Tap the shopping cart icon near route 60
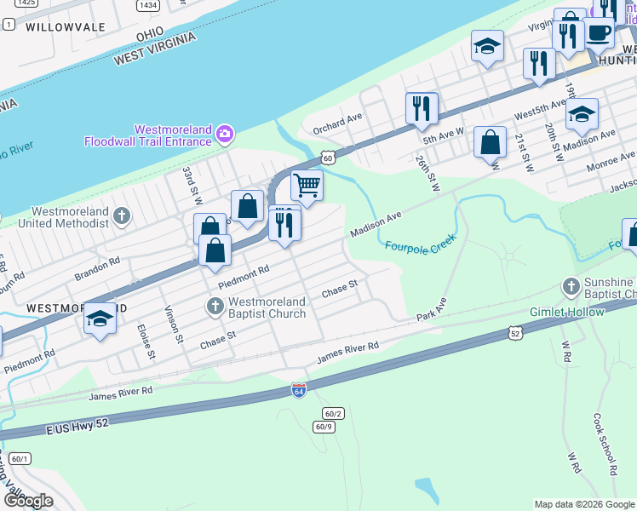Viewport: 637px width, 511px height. pyautogui.click(x=307, y=184)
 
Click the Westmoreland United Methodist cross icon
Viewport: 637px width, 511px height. pyautogui.click(x=122, y=215)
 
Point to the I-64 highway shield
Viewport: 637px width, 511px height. pyautogui.click(x=298, y=389)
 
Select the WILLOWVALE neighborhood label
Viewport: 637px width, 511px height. pyautogui.click(x=59, y=26)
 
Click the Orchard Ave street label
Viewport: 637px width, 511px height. pyautogui.click(x=337, y=124)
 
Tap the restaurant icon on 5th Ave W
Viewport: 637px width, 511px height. pyautogui.click(x=421, y=108)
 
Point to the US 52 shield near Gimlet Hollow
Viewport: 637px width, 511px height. pyautogui.click(x=514, y=333)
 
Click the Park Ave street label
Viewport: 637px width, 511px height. pyautogui.click(x=432, y=310)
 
